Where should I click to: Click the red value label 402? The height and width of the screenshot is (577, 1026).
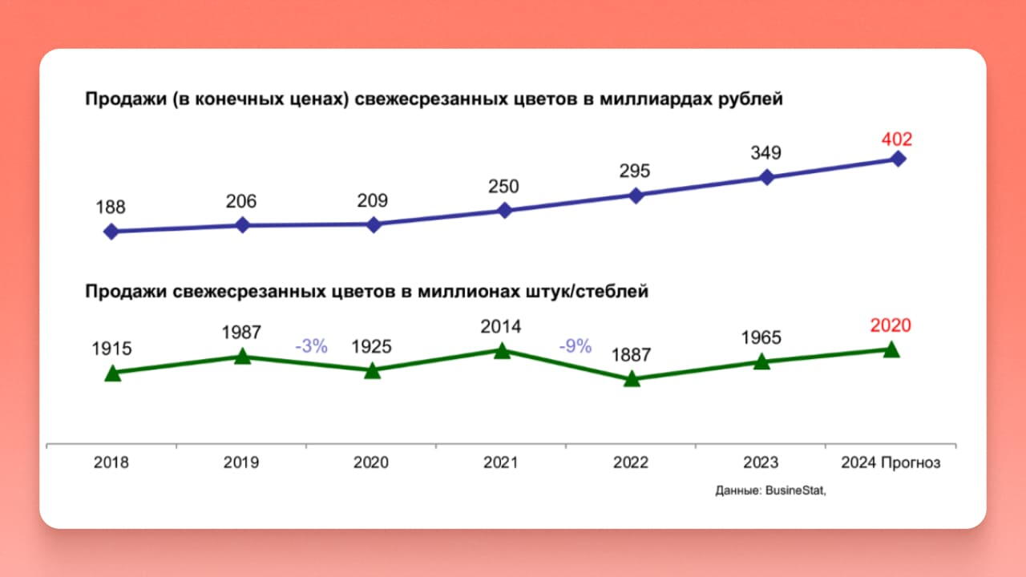coord(897,139)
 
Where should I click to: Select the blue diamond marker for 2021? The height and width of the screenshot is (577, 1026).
coord(504,210)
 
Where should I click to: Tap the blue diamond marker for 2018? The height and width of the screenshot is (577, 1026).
coord(111,232)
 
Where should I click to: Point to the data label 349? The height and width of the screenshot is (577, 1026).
coord(765,153)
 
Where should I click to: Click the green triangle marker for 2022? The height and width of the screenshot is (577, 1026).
coord(632,379)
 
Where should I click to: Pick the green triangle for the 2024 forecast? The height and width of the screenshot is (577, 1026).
coord(891,349)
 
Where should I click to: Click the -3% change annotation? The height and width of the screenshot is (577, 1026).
coord(312,346)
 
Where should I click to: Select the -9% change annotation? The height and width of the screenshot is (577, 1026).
coord(576,345)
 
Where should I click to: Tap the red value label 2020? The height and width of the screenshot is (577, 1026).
coord(891,325)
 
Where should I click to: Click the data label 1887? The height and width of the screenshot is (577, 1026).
coord(631,355)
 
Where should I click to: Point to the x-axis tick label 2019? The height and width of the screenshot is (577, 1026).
coord(241,462)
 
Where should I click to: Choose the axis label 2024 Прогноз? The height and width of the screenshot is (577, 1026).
coord(891,463)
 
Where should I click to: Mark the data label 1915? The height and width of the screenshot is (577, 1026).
coord(111,349)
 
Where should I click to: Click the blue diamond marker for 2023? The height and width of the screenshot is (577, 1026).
coord(767,177)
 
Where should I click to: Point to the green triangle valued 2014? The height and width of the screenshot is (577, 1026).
coord(502,351)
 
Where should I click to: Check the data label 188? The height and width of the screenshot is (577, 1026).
coord(111,208)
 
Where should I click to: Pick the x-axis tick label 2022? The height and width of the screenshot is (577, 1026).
coord(631,462)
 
